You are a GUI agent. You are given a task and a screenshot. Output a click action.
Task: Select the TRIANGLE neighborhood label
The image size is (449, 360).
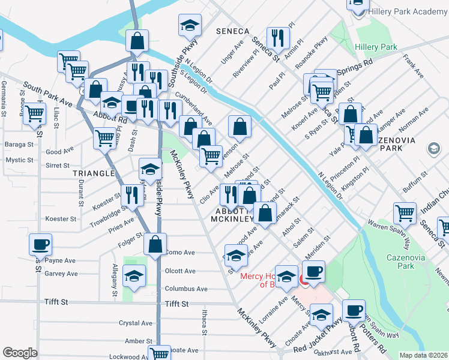93,173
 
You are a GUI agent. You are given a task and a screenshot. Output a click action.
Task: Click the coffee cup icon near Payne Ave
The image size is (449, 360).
40,244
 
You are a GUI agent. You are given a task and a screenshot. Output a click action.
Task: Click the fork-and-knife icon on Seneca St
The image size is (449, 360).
277,38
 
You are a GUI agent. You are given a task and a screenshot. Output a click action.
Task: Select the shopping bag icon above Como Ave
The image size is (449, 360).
155,244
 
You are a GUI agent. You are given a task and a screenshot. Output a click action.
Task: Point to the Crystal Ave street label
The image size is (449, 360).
135,323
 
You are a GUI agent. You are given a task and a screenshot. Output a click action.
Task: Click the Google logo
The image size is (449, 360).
20,353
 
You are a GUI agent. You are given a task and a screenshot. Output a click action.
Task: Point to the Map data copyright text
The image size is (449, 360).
423,355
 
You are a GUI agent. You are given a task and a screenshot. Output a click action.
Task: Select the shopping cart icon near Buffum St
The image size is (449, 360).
405,212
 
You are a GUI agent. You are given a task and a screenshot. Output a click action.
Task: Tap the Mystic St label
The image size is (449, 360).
19,160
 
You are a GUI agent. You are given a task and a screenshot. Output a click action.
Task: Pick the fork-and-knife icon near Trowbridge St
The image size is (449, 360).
131,193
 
